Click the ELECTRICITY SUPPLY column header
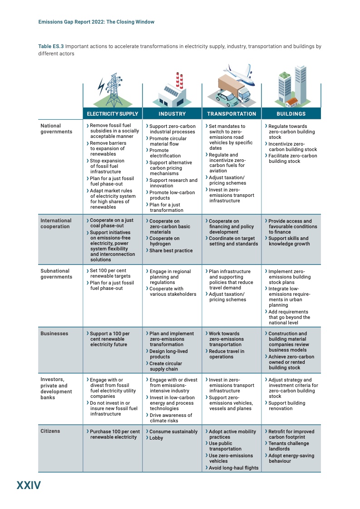112,114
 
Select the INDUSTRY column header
172,114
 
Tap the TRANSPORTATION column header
232,114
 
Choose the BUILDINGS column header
291,114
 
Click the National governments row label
56,129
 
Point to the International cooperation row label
56,224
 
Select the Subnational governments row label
56,274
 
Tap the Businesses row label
54,333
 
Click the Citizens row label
50,431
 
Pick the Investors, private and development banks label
56,388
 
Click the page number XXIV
29,485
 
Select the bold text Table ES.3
51,46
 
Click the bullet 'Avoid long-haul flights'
233,468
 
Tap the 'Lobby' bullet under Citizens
156,438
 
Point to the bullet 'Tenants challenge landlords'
288,446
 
